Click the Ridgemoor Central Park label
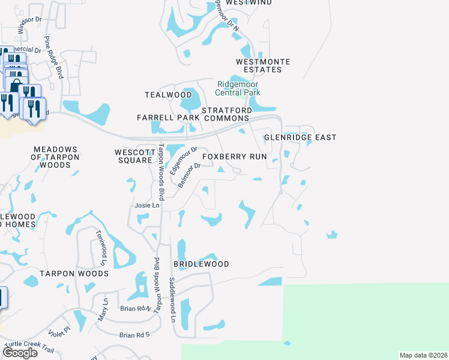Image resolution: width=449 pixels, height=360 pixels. pos(238,89)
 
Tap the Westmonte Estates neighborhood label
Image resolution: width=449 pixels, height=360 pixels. pos(263,66)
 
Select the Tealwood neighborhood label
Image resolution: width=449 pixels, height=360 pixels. pos(168,95)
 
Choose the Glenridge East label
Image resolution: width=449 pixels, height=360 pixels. pos(300,137)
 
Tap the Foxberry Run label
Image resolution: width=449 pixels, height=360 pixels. pos(234,157)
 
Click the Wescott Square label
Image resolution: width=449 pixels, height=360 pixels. pos(133,156)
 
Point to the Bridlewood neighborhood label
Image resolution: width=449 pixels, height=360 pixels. pos(201,264)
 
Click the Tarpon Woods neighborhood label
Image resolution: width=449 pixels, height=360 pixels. pos(74,274)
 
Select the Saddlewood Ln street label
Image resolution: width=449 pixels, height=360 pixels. pos(172,300)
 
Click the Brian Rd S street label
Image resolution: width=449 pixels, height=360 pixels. pos(133,335)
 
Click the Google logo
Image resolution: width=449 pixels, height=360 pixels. pos(20,353)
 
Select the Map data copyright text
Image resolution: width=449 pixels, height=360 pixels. pos(423,355)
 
